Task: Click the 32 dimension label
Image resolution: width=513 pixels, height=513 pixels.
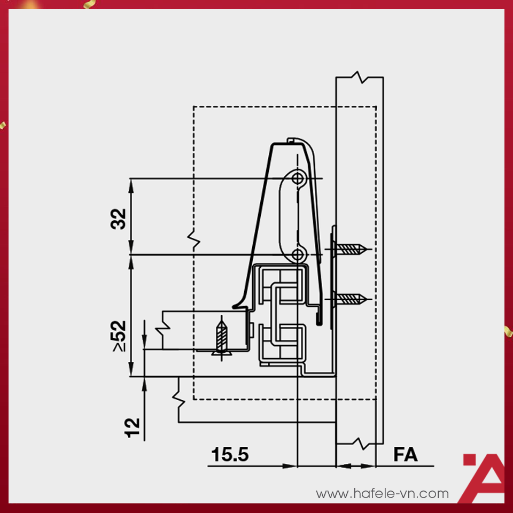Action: point(119,218)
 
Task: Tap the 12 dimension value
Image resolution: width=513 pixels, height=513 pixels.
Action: point(132,428)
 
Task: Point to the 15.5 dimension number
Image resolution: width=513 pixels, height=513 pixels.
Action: point(230,455)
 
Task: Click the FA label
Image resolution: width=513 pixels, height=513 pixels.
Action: point(406,455)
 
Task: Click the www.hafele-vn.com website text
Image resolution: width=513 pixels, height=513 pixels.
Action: point(382,494)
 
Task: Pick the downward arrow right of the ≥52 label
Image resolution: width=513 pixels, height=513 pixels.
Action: point(144,342)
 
